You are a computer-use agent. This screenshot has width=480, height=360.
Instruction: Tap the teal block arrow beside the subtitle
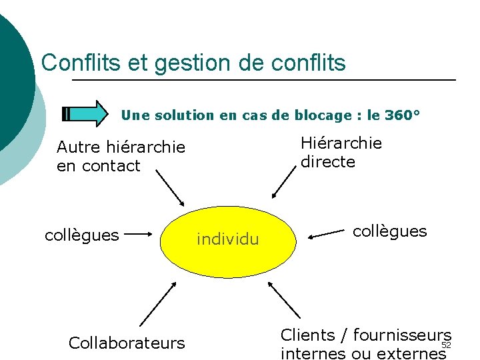87,114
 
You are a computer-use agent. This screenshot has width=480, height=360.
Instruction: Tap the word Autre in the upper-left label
78,147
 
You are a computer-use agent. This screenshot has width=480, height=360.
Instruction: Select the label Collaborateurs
127,343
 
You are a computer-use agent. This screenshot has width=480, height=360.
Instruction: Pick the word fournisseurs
402,335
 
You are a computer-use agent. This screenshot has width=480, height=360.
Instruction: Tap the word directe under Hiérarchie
328,162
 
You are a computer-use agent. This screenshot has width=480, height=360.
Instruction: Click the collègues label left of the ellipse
81,235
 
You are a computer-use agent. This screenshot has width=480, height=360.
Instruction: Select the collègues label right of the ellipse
389,231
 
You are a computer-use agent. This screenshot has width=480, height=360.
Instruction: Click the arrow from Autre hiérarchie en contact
170,188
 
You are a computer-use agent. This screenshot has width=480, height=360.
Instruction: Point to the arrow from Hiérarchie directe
283,182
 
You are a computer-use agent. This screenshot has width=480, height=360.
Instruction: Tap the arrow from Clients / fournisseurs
285,300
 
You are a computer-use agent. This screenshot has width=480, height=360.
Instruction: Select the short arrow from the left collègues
139,235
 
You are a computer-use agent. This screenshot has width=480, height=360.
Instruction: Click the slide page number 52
447,345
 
